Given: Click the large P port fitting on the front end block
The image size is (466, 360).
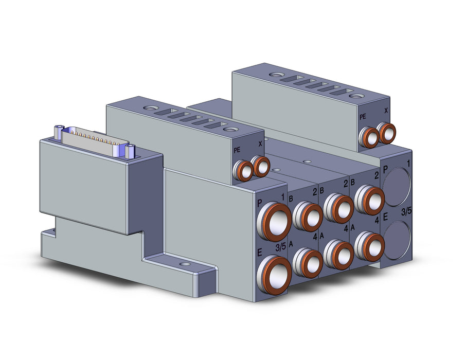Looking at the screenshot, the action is [274, 221].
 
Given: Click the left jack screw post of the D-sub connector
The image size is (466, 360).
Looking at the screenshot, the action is [59, 132].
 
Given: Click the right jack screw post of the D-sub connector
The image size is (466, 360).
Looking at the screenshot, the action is [130, 151].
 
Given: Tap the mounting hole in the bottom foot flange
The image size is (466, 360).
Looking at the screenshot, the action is [185, 264].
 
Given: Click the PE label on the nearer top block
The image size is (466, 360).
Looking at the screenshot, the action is [237, 150].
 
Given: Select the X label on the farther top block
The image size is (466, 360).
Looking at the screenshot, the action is [386, 111].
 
